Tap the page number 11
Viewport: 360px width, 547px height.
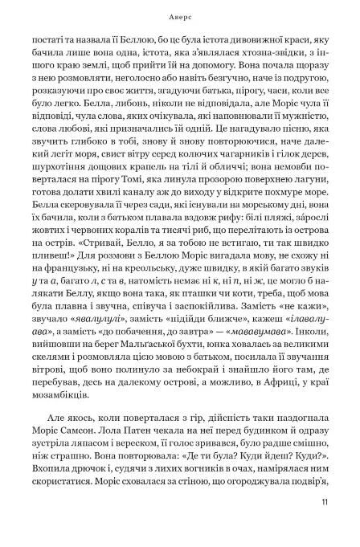tap(323, 526)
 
